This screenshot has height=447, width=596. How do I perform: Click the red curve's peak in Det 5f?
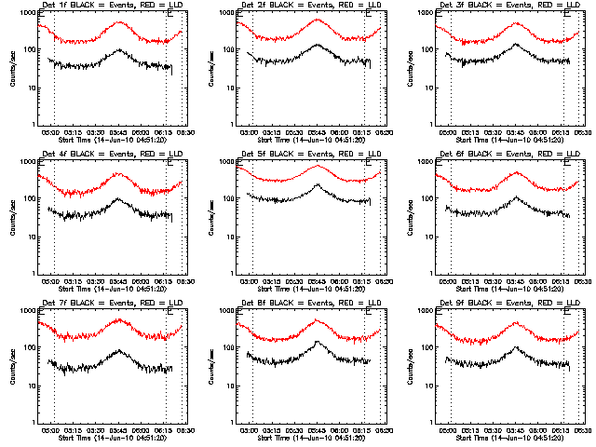[318, 166]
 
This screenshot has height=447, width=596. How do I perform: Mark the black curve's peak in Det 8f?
[318, 342]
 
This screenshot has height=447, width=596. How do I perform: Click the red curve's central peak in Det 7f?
[119, 320]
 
